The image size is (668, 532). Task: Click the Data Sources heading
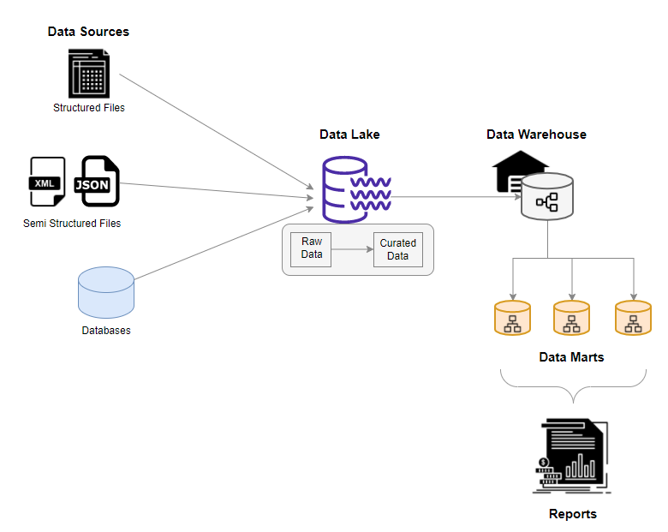pyautogui.click(x=88, y=32)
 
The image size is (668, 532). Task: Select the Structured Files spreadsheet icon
pyautogui.click(x=89, y=74)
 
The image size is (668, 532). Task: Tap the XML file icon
pyautogui.click(x=47, y=182)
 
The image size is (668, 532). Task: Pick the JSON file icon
pyautogui.click(x=97, y=181)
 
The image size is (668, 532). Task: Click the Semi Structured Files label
pyautogui.click(x=72, y=224)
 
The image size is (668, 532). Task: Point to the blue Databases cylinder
pyautogui.click(x=106, y=292)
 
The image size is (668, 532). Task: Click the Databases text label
pyautogui.click(x=106, y=331)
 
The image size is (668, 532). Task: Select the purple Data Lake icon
pyautogui.click(x=356, y=189)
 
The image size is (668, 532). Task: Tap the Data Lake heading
pyautogui.click(x=349, y=134)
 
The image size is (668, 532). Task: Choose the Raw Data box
pyautogui.click(x=311, y=249)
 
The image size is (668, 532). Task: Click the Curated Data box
pyautogui.click(x=398, y=249)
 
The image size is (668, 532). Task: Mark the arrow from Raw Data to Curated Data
pyautogui.click(x=352, y=249)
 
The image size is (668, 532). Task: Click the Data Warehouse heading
pyautogui.click(x=536, y=134)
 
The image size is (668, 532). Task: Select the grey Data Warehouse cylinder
pyautogui.click(x=547, y=196)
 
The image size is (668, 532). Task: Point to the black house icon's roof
pyautogui.click(x=520, y=158)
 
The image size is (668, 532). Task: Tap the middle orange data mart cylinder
pyautogui.click(x=571, y=318)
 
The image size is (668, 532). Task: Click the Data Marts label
pyautogui.click(x=571, y=357)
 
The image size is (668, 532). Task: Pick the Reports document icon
pyautogui.click(x=572, y=456)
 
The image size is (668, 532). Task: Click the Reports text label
pyautogui.click(x=573, y=514)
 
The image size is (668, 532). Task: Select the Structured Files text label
pyautogui.click(x=89, y=108)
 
